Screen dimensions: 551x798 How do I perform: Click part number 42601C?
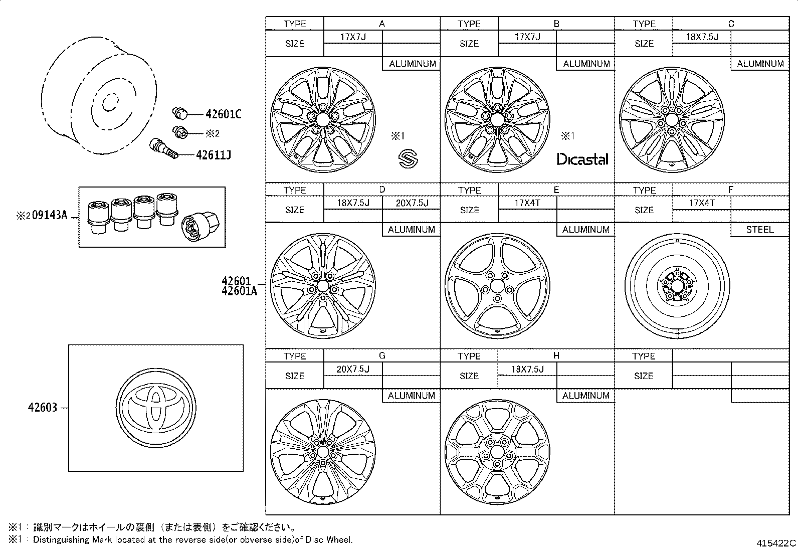[223, 114]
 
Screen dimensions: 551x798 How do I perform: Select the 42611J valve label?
[214, 155]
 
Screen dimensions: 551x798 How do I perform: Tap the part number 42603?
[43, 408]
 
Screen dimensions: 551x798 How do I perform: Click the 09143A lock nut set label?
[49, 216]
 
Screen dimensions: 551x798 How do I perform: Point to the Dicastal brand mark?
[582, 159]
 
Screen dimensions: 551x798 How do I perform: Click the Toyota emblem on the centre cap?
[155, 407]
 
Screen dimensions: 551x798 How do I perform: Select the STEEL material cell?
[759, 230]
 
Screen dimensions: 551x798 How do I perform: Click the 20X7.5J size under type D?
[411, 203]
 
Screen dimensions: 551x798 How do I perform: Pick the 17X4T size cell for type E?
[527, 203]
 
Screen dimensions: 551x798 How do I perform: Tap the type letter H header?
[556, 355]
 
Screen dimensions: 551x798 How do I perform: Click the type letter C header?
[731, 24]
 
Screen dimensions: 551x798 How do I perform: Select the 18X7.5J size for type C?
[702, 37]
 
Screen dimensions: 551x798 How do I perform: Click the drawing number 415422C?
[776, 543]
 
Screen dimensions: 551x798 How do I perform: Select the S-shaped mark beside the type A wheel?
[408, 159]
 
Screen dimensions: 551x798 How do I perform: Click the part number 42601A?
[239, 291]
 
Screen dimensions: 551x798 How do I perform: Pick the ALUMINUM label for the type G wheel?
[411, 396]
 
